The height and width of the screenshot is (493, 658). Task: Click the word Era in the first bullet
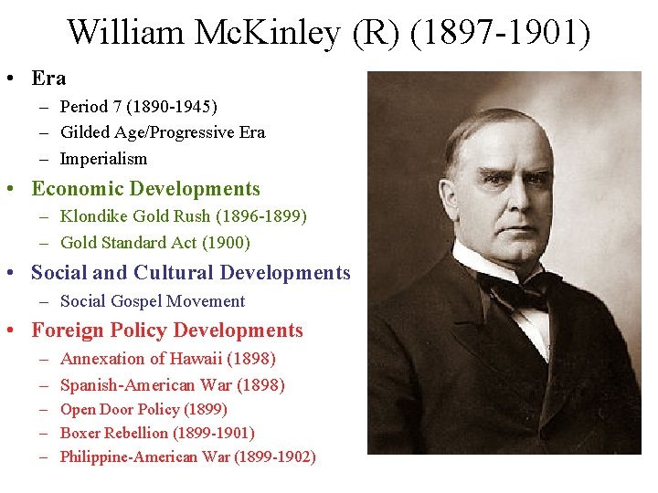point(48,79)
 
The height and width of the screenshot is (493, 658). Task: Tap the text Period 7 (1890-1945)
point(138,107)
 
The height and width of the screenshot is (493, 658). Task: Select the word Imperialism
point(103,159)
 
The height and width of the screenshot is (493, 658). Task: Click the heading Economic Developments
point(145,189)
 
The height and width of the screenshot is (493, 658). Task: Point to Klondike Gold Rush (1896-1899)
point(183,216)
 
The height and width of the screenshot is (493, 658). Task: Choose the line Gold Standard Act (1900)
point(155,243)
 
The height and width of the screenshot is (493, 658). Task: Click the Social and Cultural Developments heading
point(190,273)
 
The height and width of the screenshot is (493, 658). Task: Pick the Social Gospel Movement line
point(153,301)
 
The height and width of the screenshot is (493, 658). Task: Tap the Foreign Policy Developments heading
point(167,330)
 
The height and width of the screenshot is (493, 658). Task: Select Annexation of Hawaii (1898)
point(167,359)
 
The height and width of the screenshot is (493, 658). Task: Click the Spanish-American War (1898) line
point(172,385)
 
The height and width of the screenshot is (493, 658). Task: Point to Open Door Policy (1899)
point(143,410)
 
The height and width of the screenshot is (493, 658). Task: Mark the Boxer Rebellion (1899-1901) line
point(157,433)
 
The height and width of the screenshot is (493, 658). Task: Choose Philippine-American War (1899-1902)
point(187,456)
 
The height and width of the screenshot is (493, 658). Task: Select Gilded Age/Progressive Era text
point(163,132)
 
